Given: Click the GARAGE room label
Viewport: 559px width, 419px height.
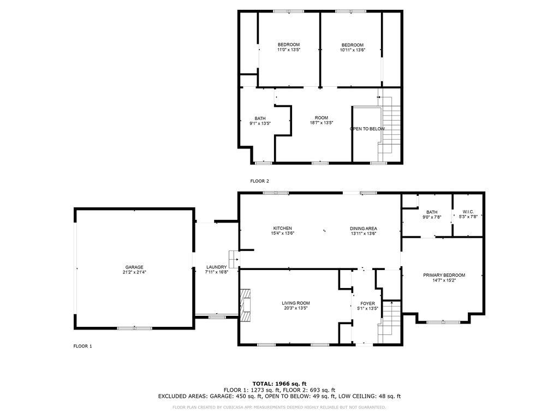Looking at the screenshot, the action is click(134, 267).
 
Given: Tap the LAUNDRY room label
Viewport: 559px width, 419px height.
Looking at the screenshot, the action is click(216, 267).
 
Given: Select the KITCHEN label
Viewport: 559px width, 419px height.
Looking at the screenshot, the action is click(282, 229).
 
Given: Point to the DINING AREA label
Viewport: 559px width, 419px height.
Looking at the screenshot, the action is click(363, 229).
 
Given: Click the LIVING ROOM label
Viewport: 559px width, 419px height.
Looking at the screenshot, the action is click(295, 303).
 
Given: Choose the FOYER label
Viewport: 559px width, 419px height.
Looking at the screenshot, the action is click(367, 303).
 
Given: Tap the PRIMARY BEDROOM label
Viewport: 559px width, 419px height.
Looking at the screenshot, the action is click(444, 275).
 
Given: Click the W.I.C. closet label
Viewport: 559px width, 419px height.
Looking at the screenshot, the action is click(468, 212).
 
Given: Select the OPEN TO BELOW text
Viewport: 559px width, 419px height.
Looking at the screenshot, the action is click(367, 129).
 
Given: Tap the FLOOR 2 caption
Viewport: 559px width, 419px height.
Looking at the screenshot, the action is click(259, 181).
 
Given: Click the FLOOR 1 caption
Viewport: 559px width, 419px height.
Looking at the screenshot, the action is click(83, 346).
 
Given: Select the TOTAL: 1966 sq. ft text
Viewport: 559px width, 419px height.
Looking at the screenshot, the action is click(279, 384).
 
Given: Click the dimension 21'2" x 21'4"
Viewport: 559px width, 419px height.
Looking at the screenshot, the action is click(134, 272).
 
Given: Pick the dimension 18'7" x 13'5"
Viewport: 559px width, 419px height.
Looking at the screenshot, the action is click(321, 123).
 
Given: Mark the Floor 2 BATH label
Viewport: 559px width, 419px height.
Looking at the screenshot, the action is click(260, 118).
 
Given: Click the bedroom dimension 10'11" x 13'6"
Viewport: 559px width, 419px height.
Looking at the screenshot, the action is click(353, 50).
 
